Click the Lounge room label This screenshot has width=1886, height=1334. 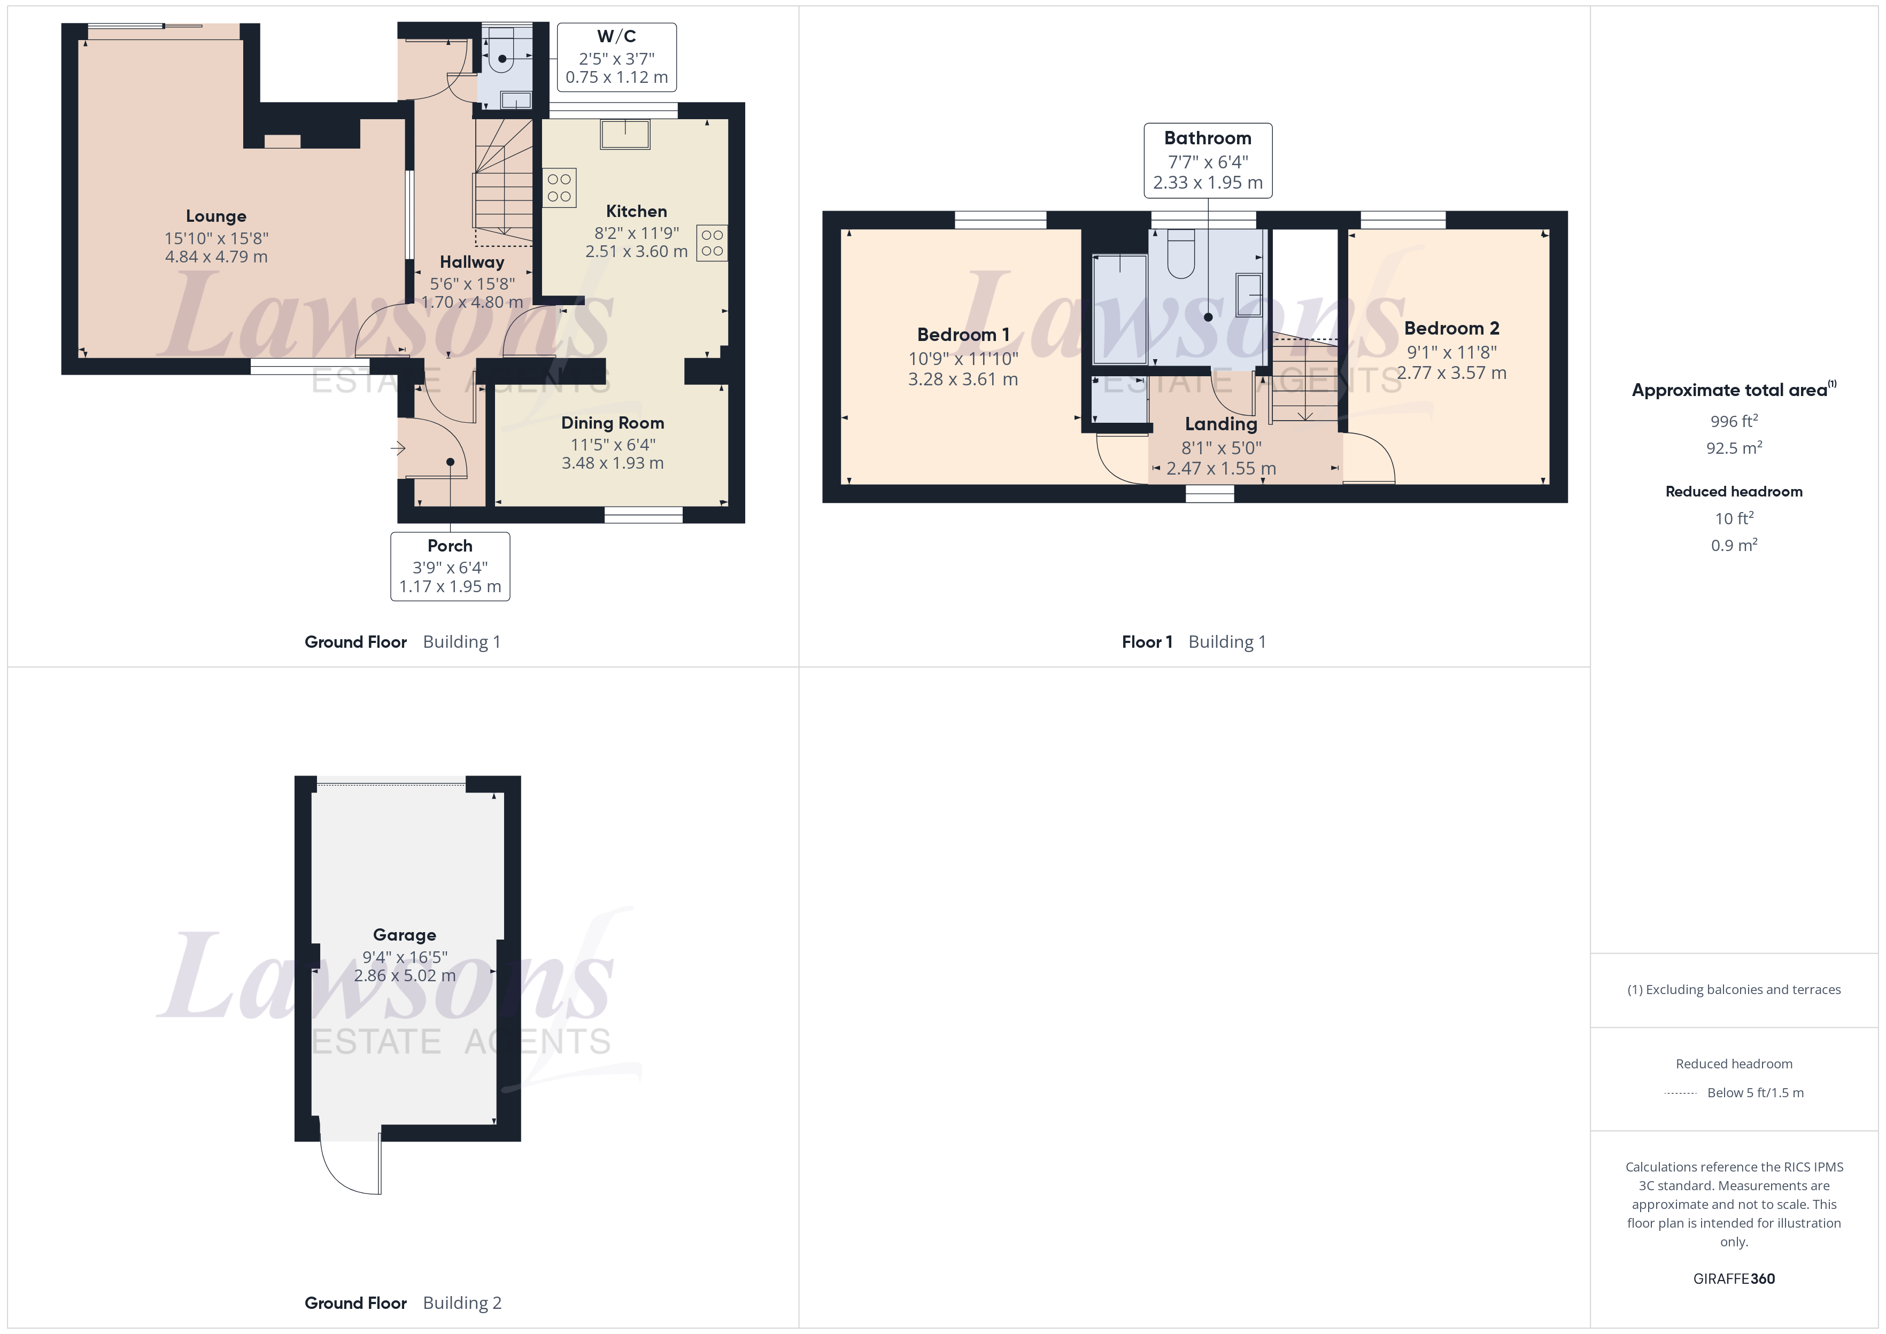[x=216, y=216]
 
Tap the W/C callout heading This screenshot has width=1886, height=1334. [x=616, y=36]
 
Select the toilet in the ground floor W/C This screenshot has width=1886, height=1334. [x=501, y=54]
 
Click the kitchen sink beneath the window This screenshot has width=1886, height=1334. [x=625, y=134]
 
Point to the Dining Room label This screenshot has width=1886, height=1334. [x=612, y=423]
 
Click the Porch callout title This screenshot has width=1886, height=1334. [x=450, y=546]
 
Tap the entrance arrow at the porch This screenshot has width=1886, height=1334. [x=398, y=448]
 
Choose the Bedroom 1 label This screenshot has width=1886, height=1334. [x=963, y=335]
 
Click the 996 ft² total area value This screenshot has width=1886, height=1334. [x=1733, y=421]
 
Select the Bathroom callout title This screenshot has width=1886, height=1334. [x=1208, y=138]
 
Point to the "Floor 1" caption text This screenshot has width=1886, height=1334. [x=1147, y=642]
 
